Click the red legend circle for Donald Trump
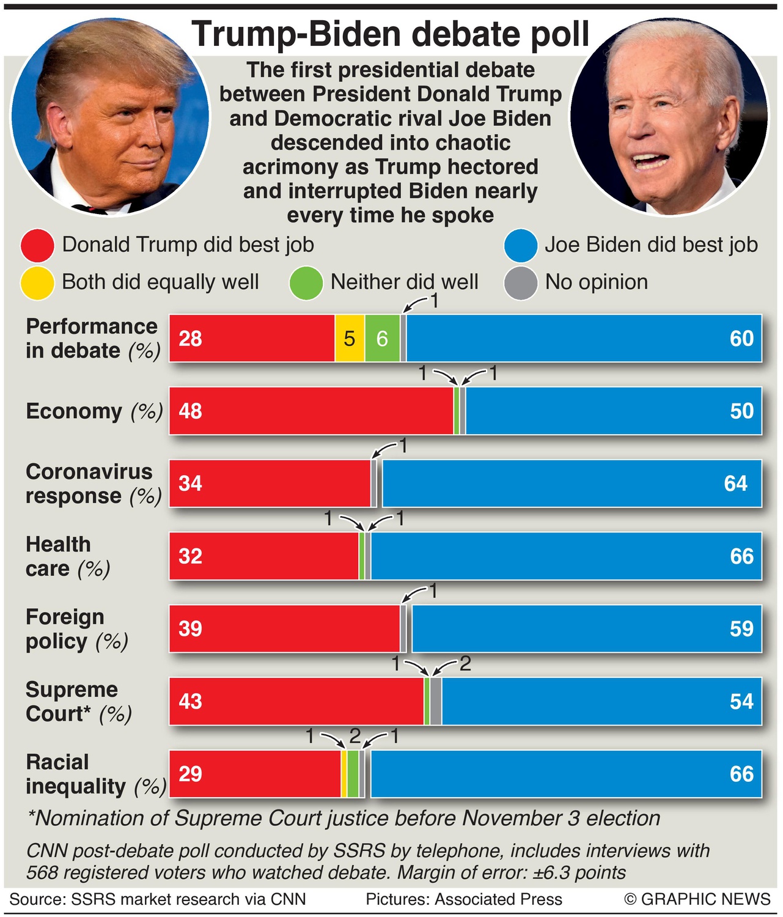point(37,246)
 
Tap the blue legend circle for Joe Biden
point(521,246)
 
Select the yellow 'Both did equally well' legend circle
point(37,283)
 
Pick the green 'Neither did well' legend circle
point(306,283)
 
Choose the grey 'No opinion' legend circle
point(521,283)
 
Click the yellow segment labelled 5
point(350,339)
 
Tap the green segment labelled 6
point(383,339)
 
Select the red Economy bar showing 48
point(312,411)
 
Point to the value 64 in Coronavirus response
point(735,484)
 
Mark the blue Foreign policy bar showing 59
point(587,628)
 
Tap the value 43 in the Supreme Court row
point(191,701)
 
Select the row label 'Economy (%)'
point(94,411)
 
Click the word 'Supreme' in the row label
point(72,690)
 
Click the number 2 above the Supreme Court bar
point(465,663)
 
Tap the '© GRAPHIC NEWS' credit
point(697,899)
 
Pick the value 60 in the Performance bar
point(741,339)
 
